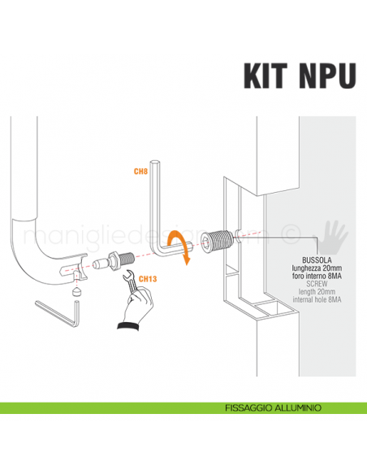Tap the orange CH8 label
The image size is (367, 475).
(x=140, y=172)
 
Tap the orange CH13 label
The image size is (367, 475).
(x=147, y=279)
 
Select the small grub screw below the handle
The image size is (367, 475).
(x=77, y=288)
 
